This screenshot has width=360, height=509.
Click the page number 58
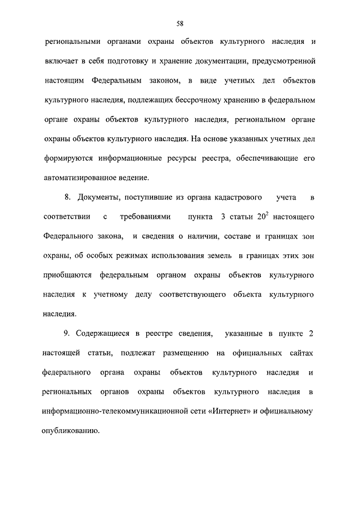point(180,23)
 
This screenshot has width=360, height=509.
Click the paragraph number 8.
point(67,197)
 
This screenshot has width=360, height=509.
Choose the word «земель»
point(215,256)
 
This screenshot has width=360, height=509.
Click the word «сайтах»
point(301,353)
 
